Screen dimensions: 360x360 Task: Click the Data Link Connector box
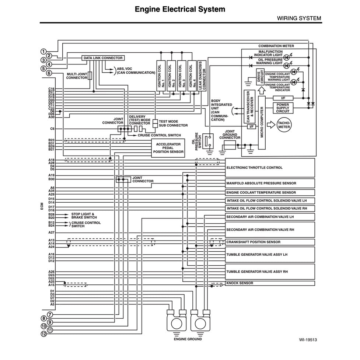click(x=103, y=58)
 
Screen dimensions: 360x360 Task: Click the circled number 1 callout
click(x=43, y=52)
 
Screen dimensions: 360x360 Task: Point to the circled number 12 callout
click(x=43, y=334)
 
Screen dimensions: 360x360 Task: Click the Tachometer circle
click(x=284, y=125)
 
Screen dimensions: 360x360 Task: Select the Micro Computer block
click(x=262, y=122)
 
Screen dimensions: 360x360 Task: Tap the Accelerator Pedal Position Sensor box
click(x=168, y=148)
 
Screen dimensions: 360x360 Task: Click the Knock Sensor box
click(x=270, y=283)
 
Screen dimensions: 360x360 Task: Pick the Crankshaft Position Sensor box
click(x=270, y=242)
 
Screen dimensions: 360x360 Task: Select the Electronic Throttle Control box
click(x=270, y=168)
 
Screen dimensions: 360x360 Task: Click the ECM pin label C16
click(x=51, y=89)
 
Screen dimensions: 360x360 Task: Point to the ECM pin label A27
click(x=51, y=233)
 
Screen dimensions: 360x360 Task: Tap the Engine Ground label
click(x=188, y=339)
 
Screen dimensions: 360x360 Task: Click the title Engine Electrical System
click(x=180, y=9)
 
